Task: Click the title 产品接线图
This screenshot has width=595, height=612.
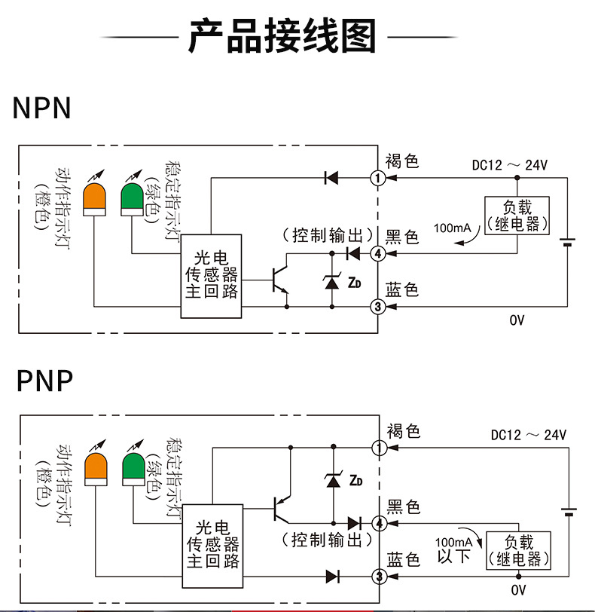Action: pos(281,36)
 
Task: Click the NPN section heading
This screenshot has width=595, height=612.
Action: pos(41,109)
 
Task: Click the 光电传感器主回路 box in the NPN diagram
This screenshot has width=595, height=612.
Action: pos(211,276)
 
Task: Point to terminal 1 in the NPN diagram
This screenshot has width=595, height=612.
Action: pos(378,178)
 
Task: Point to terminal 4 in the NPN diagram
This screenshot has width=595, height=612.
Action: pos(378,254)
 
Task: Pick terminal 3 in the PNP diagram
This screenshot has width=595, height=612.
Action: pos(380,577)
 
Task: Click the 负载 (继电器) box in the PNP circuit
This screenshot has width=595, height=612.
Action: pos(519,550)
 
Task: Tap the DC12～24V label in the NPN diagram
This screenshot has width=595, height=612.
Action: pos(509,165)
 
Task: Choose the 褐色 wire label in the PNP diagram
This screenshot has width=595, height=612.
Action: pos(402,432)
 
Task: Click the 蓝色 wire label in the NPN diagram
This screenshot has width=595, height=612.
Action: pos(401,290)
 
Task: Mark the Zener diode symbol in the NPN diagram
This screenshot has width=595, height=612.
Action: pos(332,282)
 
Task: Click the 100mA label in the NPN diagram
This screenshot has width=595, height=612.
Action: pos(452,227)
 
